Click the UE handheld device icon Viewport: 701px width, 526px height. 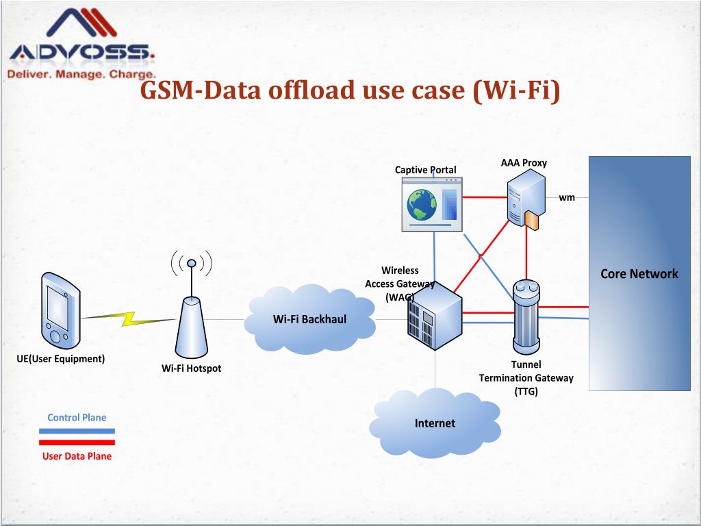(x=59, y=310)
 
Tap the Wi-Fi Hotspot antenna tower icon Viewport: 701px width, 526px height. (x=191, y=322)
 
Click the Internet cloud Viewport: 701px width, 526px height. (x=435, y=423)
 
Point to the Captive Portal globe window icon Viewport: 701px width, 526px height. (x=431, y=204)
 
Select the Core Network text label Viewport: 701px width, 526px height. (x=639, y=274)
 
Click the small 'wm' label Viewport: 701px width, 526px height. (x=567, y=198)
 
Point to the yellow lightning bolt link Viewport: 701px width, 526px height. (x=128, y=318)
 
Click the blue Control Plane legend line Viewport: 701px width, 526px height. (x=77, y=431)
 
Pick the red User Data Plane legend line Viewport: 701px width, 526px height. (x=77, y=442)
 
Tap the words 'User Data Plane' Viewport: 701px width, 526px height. (x=77, y=456)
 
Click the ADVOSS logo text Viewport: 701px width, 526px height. (x=81, y=52)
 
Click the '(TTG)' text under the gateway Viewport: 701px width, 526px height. (x=526, y=391)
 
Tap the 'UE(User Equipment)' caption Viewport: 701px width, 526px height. (x=61, y=359)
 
